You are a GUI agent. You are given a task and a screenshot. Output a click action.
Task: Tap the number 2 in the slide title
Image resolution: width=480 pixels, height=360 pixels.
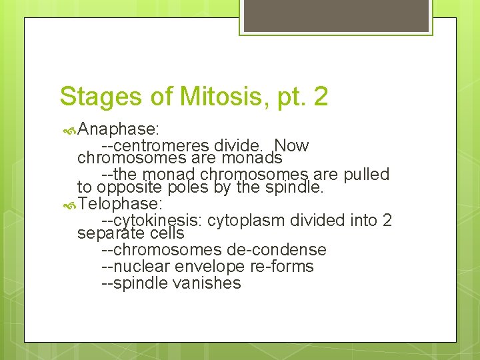click(x=320, y=96)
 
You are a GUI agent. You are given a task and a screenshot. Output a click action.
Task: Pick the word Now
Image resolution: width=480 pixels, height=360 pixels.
click(x=291, y=145)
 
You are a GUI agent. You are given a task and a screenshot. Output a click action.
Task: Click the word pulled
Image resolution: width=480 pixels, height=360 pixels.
click(x=367, y=175)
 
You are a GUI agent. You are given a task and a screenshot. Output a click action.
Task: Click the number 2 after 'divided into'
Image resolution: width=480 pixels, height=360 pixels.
click(x=387, y=219)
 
